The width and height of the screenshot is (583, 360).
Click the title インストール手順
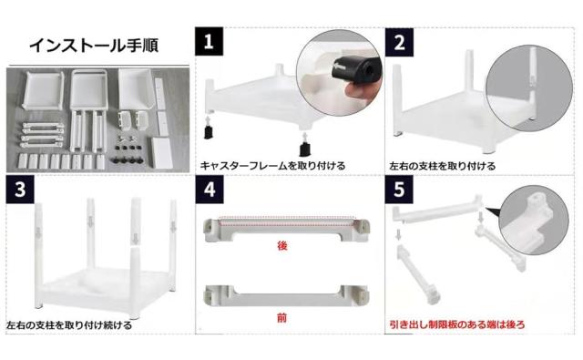[94, 46]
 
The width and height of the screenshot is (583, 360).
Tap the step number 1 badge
[209, 41]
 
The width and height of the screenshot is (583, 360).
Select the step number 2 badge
[399, 42]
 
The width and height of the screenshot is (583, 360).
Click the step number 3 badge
[20, 190]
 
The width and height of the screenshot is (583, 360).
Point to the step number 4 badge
[210, 190]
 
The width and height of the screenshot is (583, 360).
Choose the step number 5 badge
[399, 190]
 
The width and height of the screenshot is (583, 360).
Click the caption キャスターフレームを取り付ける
[272, 166]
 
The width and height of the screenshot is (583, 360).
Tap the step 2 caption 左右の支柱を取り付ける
[443, 166]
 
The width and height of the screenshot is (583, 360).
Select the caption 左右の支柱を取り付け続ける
[69, 325]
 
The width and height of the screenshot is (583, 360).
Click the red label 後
[282, 245]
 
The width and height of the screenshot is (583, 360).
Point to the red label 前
[282, 318]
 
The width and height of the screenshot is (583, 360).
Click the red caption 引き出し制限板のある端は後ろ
[457, 324]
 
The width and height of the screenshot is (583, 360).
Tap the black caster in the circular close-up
[354, 70]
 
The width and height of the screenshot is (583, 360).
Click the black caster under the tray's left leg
[209, 131]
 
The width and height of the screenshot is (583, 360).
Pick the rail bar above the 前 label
[286, 295]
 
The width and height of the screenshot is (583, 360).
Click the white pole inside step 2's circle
[533, 83]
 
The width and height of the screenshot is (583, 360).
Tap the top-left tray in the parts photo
[43, 90]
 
